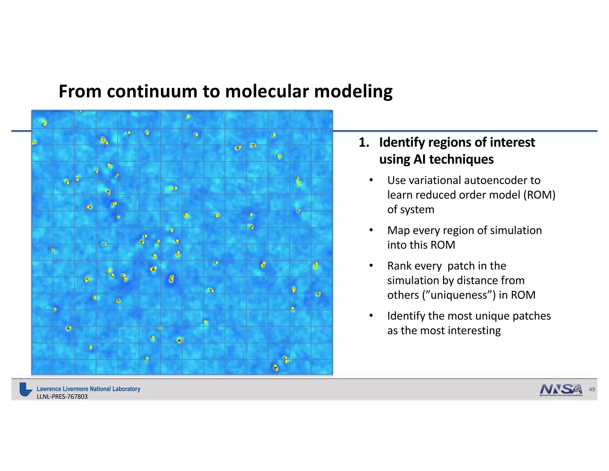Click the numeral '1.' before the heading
364,143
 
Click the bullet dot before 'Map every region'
371,230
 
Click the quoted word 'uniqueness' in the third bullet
458,295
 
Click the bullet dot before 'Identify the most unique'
371,316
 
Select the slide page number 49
592,389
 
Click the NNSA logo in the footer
561,390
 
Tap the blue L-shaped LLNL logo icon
26,389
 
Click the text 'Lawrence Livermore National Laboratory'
88,389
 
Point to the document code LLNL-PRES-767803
62,397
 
